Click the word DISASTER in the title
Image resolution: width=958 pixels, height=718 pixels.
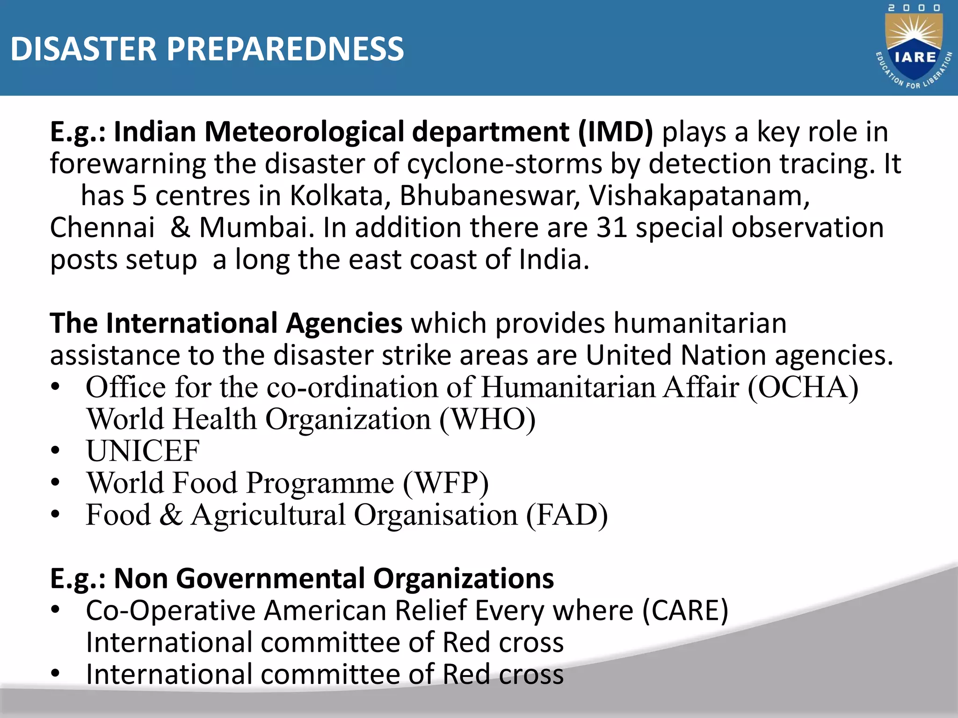point(83,49)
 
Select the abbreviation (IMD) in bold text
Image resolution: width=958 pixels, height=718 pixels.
point(615,132)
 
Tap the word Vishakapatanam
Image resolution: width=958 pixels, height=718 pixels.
point(699,196)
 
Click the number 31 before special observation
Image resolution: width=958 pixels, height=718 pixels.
point(611,228)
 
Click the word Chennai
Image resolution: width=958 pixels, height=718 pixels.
point(102,228)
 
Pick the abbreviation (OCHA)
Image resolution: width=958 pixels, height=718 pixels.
point(803,388)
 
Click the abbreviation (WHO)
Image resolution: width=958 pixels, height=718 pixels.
point(488,419)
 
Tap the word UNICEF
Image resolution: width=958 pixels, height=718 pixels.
point(143,452)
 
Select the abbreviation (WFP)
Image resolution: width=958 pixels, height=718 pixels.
point(446,483)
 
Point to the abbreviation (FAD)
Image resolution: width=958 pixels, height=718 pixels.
point(567,515)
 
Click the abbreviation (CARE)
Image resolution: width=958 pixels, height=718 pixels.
point(685,611)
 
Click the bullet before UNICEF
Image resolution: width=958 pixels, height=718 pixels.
point(56,452)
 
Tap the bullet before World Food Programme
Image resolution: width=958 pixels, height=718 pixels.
point(56,483)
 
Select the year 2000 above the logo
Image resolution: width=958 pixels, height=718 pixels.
point(914,8)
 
